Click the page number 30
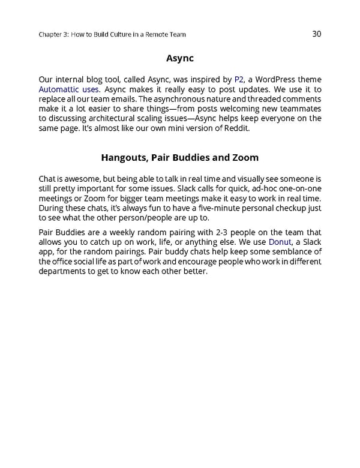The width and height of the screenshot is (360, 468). [317, 34]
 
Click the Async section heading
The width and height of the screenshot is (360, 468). [179, 59]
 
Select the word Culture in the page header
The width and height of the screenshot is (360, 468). [120, 34]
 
